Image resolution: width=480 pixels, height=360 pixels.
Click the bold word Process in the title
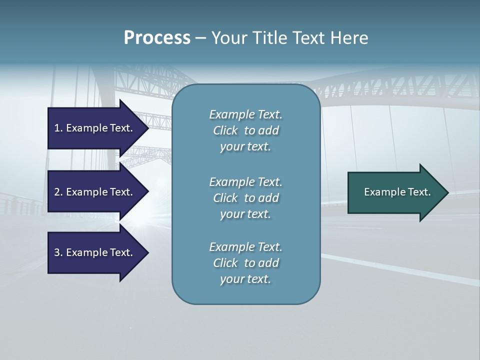157,38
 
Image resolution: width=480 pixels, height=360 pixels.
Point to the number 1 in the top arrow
57,128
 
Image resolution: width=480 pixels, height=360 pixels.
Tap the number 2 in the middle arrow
57,192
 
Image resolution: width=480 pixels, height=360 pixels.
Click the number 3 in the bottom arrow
57,252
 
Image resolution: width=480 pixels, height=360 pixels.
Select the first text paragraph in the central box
245,130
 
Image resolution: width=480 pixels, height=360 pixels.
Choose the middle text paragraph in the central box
245,198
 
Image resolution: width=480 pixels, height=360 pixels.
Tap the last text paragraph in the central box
245,263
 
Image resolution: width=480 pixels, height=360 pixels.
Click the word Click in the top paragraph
225,130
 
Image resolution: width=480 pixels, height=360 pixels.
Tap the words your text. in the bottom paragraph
245,279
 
